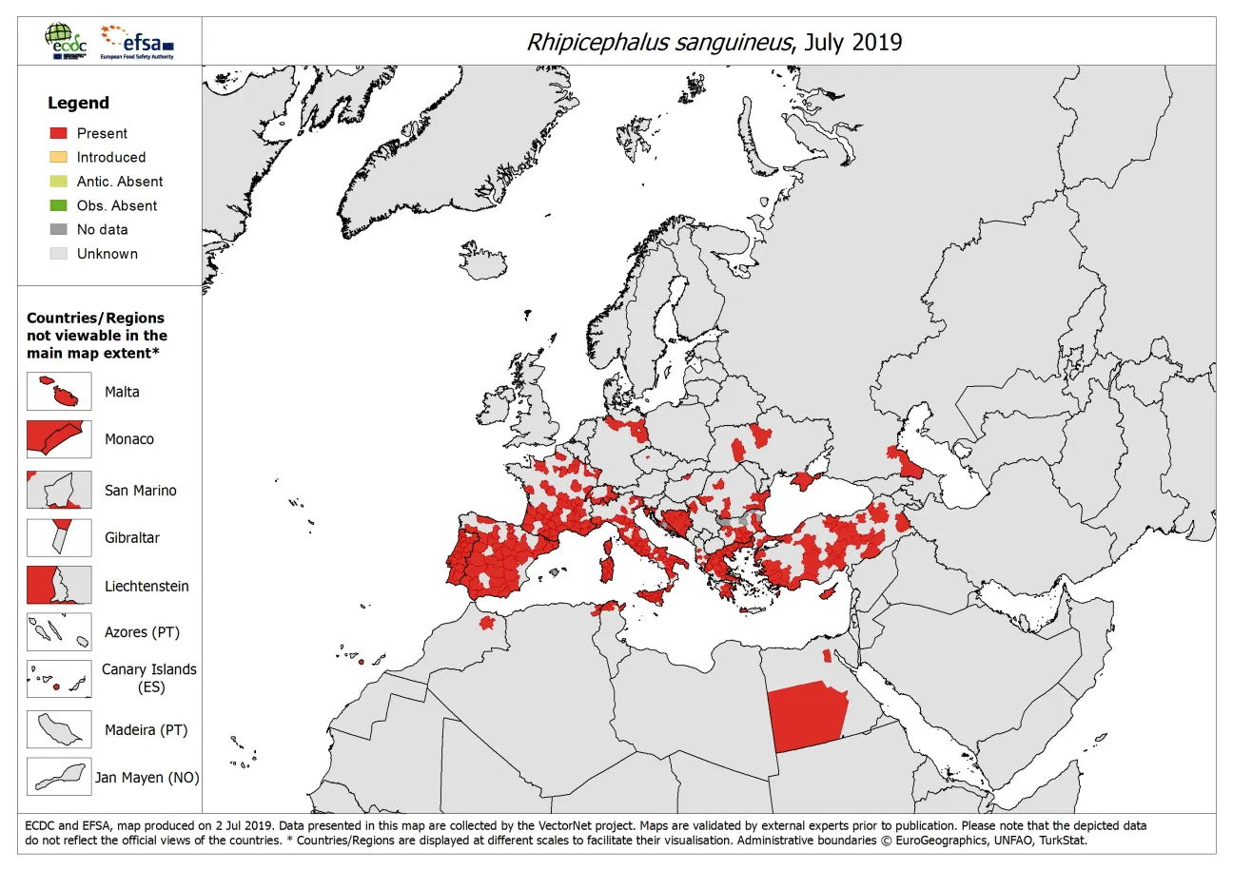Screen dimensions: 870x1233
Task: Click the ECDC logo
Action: point(68,42)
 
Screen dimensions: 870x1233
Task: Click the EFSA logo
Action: point(140,42)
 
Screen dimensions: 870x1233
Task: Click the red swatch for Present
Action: point(59,133)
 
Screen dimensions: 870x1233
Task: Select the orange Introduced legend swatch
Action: point(59,157)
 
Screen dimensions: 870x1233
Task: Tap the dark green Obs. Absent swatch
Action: point(59,205)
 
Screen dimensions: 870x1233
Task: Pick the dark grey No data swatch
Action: point(59,229)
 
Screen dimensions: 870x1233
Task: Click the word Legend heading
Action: point(79,103)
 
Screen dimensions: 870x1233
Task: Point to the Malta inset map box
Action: point(59,392)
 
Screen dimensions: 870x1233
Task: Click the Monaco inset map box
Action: point(59,439)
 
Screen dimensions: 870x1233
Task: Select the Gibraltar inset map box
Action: point(59,538)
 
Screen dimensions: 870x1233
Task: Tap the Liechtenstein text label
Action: point(147,587)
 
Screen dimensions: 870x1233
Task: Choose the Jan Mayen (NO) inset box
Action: point(59,777)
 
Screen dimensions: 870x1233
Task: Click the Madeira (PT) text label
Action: point(147,730)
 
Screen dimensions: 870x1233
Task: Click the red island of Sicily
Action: point(654,595)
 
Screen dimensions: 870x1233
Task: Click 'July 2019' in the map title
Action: point(852,43)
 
